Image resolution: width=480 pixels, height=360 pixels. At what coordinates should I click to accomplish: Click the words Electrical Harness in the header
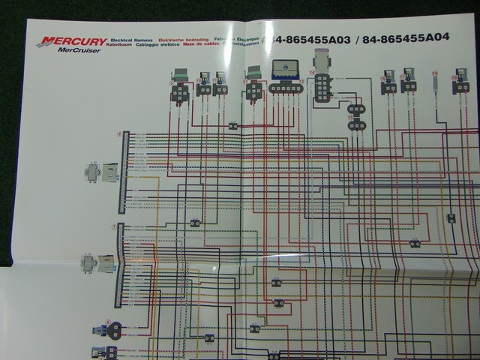(x=131, y=37)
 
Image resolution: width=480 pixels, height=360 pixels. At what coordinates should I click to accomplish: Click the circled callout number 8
(x=119, y=133)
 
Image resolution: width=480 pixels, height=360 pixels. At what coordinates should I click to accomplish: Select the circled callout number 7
(x=114, y=226)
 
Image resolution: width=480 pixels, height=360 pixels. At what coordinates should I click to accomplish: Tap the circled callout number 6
(x=108, y=322)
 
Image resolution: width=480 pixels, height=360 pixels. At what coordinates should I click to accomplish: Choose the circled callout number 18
(x=435, y=73)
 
